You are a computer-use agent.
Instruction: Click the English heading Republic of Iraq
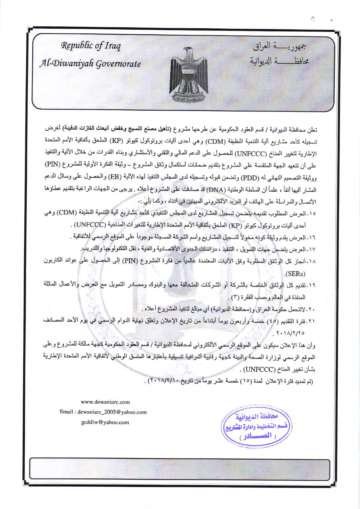click(x=91, y=46)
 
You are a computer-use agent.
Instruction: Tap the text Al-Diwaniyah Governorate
click(x=90, y=64)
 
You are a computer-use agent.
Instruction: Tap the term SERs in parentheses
click(x=295, y=274)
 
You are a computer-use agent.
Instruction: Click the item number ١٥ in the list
click(x=312, y=214)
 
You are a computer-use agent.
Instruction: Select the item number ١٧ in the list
click(x=312, y=249)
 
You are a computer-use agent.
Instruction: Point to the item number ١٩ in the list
click(x=312, y=285)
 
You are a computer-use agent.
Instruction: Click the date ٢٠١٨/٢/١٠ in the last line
click(x=162, y=381)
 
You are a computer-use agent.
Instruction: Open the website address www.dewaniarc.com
click(x=105, y=402)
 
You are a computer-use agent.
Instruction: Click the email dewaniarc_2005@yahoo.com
click(x=112, y=412)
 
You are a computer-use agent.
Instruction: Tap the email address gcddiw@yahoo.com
click(x=105, y=422)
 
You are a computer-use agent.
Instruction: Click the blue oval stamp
click(x=257, y=426)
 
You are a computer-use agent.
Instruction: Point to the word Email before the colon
click(x=66, y=412)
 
